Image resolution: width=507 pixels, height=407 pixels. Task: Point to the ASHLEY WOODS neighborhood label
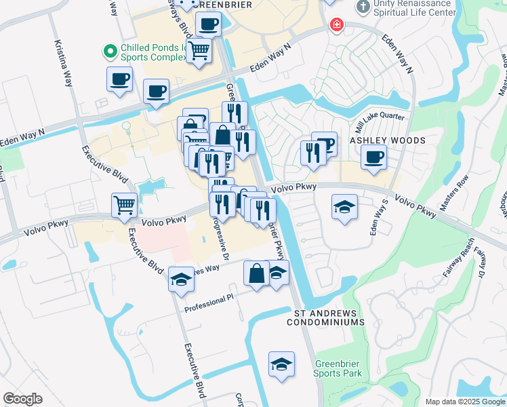387,140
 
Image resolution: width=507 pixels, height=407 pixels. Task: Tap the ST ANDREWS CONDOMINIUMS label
329,317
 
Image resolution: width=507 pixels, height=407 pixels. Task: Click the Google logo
22,399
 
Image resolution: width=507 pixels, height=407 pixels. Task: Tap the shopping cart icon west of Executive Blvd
124,205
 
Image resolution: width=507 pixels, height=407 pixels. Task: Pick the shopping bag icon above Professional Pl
256,274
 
